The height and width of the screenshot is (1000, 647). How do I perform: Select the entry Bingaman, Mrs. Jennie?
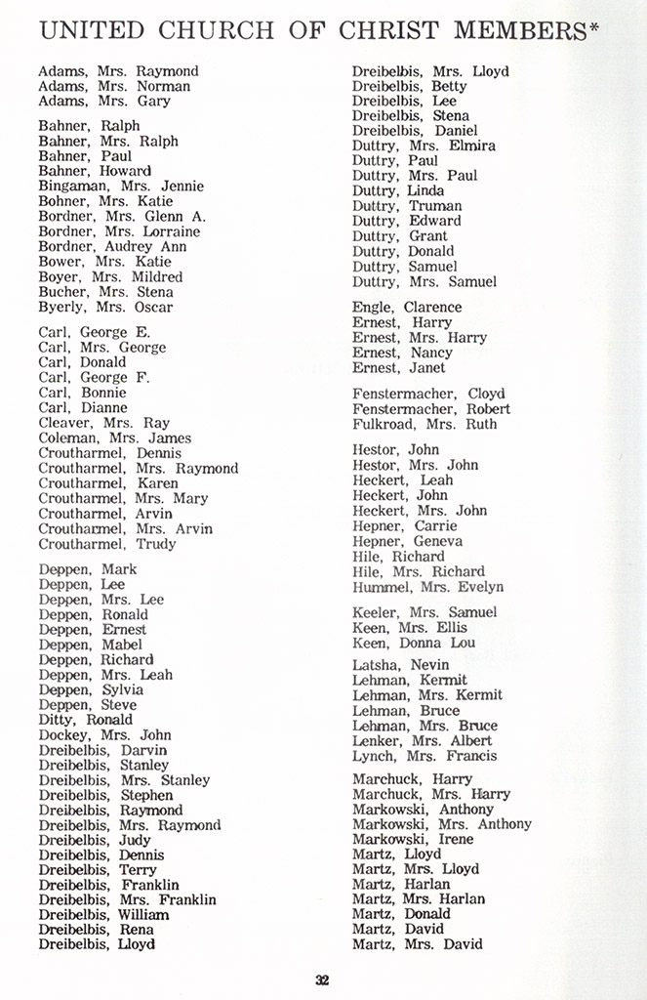point(121,186)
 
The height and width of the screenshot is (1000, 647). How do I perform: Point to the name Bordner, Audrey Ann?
point(112,246)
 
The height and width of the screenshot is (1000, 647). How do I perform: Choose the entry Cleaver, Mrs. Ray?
point(103,423)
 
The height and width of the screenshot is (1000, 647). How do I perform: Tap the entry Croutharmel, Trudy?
point(107,544)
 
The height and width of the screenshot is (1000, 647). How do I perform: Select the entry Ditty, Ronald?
point(86,720)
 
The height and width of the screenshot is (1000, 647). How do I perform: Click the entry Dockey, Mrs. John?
point(104,734)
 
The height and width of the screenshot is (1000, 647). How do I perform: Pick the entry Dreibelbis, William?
point(103,915)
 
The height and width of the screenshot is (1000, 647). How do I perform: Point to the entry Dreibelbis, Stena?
point(411,115)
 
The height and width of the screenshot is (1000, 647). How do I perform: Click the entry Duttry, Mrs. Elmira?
point(424,146)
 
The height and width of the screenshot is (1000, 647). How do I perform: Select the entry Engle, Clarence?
point(407,308)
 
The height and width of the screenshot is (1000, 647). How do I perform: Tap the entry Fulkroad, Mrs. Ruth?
point(425,424)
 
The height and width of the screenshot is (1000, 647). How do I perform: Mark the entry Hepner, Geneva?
point(407,541)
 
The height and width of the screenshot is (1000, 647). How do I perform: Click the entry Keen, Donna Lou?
point(414,643)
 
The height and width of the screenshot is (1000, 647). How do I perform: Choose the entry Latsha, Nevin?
point(401,665)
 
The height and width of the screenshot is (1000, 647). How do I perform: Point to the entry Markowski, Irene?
point(413,839)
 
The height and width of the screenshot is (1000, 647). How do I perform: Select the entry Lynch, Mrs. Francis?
point(425,755)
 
